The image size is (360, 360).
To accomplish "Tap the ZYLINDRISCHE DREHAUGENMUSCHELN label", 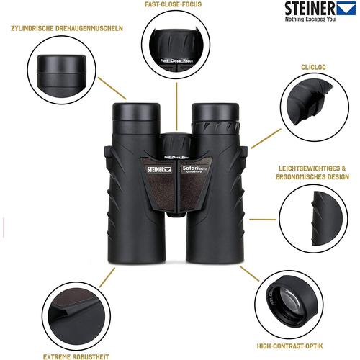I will (x=66, y=29).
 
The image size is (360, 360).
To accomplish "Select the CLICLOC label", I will (x=313, y=65).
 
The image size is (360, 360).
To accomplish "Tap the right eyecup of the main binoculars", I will (x=214, y=113).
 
